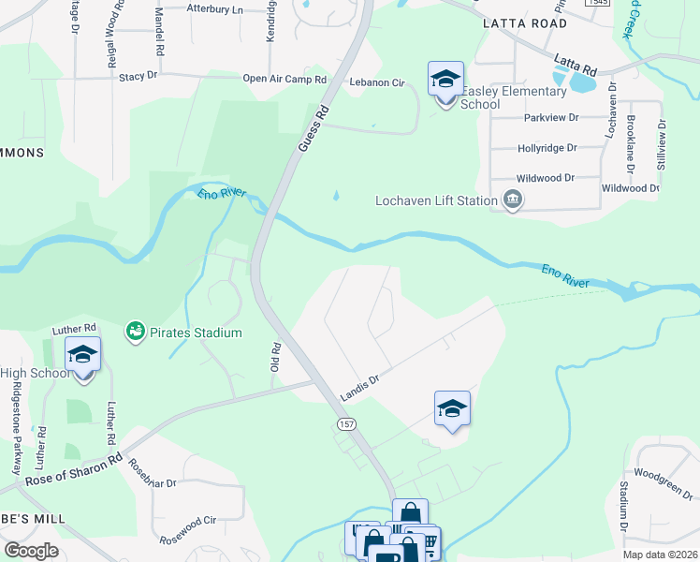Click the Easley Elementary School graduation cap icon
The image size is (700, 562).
click(x=446, y=79)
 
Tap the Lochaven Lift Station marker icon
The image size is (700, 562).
click(x=512, y=200)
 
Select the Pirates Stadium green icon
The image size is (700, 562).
click(x=135, y=332)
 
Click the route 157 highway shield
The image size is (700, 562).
click(x=345, y=424)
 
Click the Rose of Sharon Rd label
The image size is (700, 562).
click(x=74, y=470)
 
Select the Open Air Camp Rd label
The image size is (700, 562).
click(x=284, y=80)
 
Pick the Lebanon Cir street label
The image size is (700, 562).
click(x=376, y=83)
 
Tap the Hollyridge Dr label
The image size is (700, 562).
click(x=547, y=148)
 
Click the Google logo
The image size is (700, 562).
click(x=31, y=551)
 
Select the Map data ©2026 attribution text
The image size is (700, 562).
click(x=660, y=555)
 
